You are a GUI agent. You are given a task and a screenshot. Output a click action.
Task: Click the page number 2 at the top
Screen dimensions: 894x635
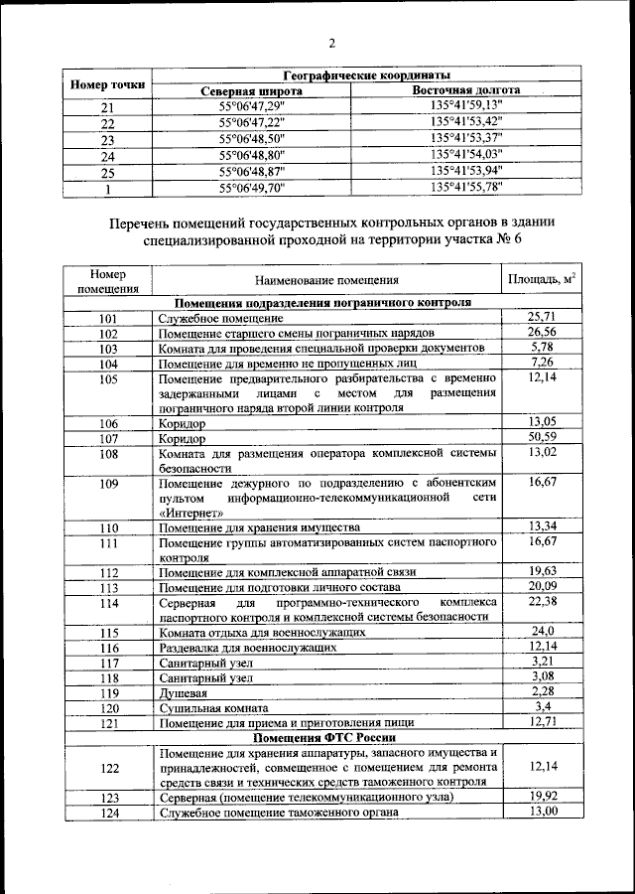pos(331,43)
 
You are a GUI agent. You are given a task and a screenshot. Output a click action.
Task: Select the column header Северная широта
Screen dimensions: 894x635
pos(251,91)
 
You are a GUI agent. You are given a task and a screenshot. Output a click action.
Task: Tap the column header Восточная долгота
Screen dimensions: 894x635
pos(466,90)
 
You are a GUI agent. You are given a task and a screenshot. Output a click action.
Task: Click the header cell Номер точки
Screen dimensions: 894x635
pos(108,83)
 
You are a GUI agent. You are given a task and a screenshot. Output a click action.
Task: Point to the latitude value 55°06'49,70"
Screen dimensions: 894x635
pos(252,187)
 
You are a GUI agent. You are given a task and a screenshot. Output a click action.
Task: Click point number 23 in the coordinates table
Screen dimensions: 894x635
pos(108,140)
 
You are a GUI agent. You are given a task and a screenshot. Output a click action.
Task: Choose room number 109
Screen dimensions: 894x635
pos(109,484)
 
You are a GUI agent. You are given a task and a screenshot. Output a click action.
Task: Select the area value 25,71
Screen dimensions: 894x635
pos(542,317)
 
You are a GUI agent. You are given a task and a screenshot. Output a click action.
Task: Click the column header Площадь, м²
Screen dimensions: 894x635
pos(542,279)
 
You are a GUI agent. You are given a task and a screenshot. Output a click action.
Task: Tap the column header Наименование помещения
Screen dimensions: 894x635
pos(325,281)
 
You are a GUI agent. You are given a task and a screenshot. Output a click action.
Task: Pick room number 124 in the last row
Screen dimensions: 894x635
pos(109,813)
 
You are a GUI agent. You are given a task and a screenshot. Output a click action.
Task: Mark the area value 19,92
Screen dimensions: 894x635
pos(542,796)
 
